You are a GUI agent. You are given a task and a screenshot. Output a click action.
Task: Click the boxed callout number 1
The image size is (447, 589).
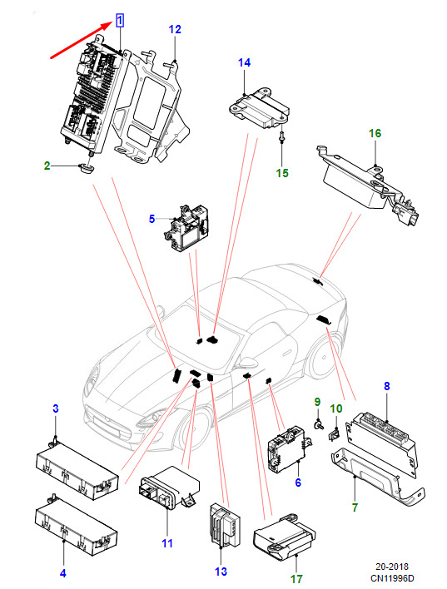120,20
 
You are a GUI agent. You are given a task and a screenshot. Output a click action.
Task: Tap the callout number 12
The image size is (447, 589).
175,29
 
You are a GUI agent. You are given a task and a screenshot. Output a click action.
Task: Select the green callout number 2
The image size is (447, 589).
47,166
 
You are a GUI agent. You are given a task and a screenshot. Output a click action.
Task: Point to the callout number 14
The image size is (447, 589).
245,62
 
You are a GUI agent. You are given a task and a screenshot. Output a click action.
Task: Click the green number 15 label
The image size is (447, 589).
282,173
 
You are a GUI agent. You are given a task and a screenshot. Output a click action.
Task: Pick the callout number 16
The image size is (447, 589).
375,133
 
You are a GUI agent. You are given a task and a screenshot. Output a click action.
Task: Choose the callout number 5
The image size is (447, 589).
151,219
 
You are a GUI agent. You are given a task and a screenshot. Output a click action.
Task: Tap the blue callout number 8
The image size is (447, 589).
387,386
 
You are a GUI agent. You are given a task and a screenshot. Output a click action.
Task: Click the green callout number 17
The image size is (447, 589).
296,579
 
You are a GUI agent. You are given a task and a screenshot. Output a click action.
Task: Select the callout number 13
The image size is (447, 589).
221,572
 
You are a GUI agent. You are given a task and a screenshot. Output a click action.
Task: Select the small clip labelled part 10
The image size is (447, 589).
334,435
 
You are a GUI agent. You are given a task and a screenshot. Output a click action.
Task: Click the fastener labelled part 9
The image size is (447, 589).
319,425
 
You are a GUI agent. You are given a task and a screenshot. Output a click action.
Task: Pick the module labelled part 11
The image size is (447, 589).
170,488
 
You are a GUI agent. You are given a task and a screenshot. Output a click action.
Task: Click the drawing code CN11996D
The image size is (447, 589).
393,577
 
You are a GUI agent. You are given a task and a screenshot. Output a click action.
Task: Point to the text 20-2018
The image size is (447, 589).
392,567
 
